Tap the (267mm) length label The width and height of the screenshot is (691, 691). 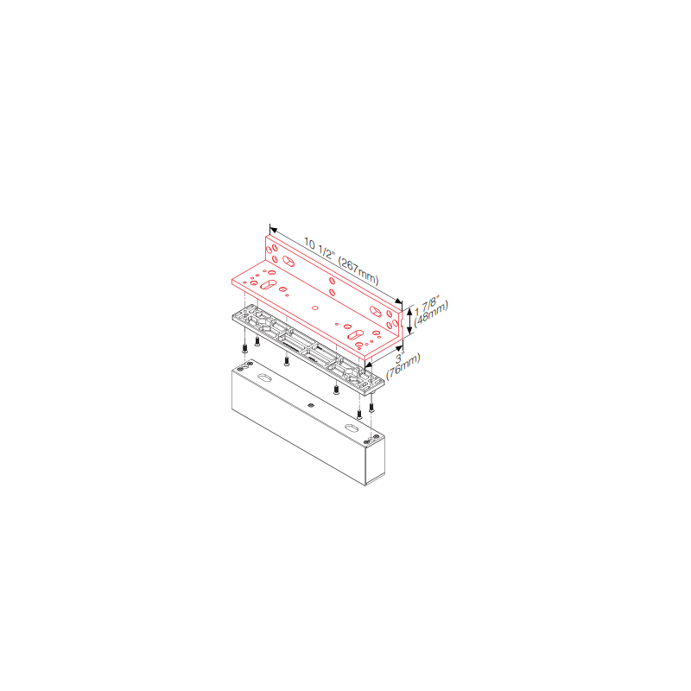pyautogui.click(x=358, y=270)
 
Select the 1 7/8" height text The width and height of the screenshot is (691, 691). pyautogui.click(x=428, y=305)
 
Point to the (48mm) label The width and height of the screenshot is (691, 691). pyautogui.click(x=431, y=313)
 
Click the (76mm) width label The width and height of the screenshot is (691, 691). pyautogui.click(x=403, y=366)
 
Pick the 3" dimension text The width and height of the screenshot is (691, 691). pyautogui.click(x=399, y=358)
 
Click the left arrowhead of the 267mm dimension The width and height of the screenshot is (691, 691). pyautogui.click(x=273, y=230)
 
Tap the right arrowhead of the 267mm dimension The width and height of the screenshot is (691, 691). pyautogui.click(x=398, y=301)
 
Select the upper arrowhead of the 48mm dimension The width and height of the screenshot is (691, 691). pyautogui.click(x=409, y=311)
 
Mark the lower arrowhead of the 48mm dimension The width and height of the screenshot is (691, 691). pyautogui.click(x=409, y=331)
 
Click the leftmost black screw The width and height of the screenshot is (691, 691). pyautogui.click(x=244, y=349)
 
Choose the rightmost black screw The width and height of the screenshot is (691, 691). pyautogui.click(x=371, y=407)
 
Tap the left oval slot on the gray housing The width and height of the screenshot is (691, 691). pyautogui.click(x=264, y=377)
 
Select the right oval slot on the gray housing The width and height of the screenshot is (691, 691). pyautogui.click(x=352, y=428)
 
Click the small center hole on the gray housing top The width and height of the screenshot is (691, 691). pyautogui.click(x=311, y=405)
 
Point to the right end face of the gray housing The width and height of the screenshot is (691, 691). pyautogui.click(x=375, y=460)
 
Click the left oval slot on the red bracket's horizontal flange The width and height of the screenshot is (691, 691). pyautogui.click(x=268, y=285)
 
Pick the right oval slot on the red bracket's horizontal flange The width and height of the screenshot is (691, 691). pyautogui.click(x=355, y=335)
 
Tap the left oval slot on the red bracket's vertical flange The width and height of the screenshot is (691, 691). pyautogui.click(x=288, y=262)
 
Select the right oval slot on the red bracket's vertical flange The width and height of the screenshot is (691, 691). pyautogui.click(x=376, y=311)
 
